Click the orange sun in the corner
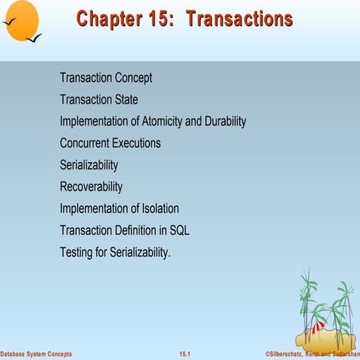click(21, 18)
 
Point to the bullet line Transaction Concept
click(106, 78)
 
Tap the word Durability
click(221, 121)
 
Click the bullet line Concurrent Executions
click(110, 143)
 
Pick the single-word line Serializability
click(88, 165)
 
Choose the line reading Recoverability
click(91, 187)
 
